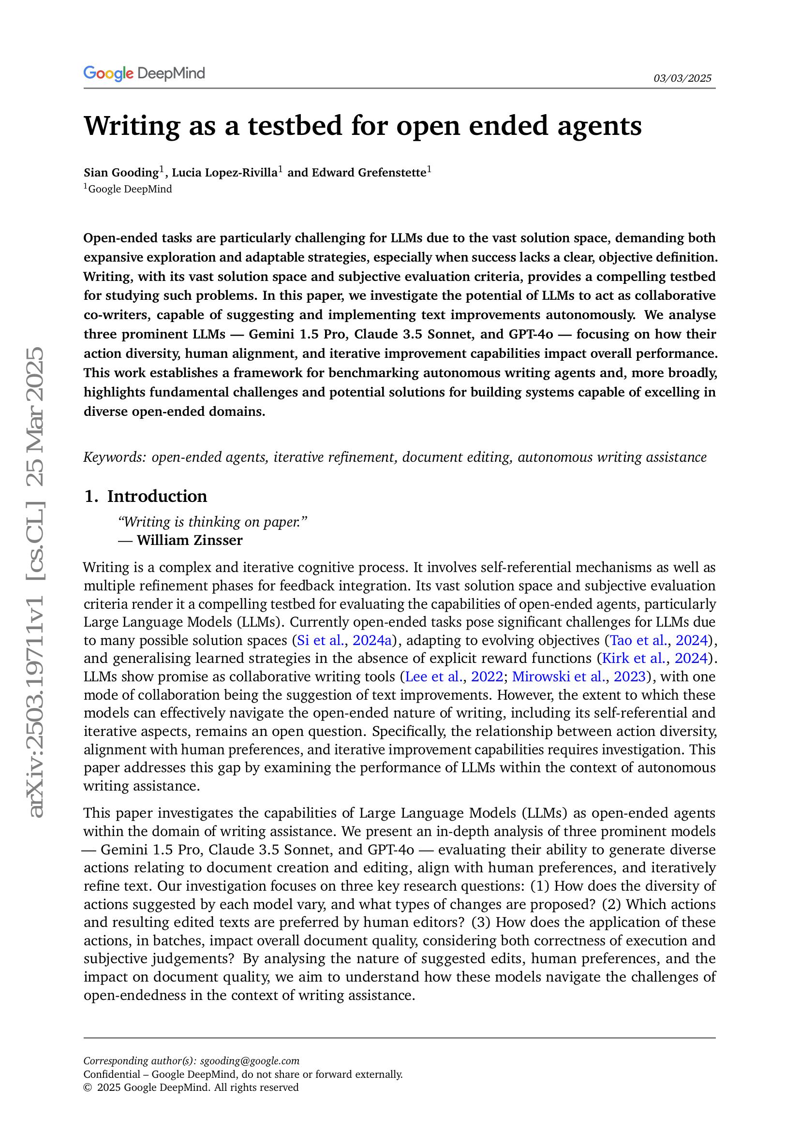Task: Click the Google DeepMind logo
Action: (144, 73)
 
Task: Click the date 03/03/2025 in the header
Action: (682, 78)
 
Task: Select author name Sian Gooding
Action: (121, 173)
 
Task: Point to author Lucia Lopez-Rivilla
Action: (224, 173)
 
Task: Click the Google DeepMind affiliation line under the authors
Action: (130, 189)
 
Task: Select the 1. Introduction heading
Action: (145, 496)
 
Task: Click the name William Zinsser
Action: (189, 541)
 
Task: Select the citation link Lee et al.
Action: (432, 677)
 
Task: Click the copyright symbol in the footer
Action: (87, 1087)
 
